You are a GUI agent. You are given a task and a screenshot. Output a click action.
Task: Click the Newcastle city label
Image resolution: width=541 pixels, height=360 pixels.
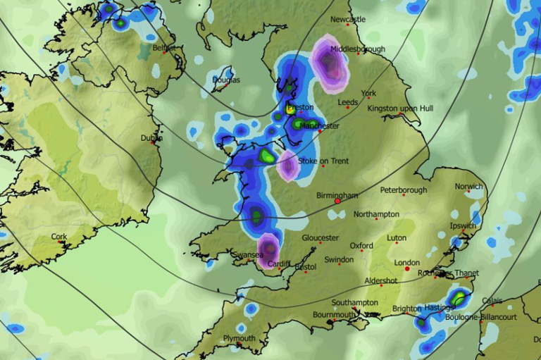(x=349, y=20)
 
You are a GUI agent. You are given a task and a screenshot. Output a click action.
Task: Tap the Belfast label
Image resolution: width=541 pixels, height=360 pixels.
(x=163, y=48)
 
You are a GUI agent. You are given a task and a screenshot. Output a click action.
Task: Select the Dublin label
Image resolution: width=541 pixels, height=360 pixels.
(x=151, y=138)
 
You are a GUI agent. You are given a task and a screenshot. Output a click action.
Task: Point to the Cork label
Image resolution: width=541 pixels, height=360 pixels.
(x=59, y=237)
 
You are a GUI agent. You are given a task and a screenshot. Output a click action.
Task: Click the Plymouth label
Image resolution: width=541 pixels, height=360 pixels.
(x=240, y=339)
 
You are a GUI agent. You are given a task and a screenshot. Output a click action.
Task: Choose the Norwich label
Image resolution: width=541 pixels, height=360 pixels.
(x=469, y=187)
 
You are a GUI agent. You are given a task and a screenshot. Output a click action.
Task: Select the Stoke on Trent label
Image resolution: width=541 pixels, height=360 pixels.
(x=323, y=161)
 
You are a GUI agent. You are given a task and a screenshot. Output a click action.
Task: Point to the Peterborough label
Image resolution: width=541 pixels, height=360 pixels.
(x=404, y=190)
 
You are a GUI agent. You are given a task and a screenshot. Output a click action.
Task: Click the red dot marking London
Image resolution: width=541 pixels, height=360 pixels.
(x=407, y=268)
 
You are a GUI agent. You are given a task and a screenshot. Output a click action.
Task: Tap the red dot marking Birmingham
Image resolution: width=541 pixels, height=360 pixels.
(x=337, y=201)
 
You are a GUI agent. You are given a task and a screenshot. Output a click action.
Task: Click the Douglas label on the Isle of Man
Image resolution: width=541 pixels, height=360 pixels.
(x=226, y=80)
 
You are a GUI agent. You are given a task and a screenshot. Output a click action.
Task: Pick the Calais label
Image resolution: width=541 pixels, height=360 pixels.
(x=492, y=299)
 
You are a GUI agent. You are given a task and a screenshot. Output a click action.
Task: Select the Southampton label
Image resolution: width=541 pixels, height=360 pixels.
(x=355, y=302)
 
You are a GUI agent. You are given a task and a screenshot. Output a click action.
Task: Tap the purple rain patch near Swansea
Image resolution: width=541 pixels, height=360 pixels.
(x=268, y=251)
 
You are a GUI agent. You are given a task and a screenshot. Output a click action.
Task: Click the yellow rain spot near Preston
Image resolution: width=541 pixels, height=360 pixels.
(x=290, y=108)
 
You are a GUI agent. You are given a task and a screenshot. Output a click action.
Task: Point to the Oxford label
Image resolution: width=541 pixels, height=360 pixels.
(x=361, y=246)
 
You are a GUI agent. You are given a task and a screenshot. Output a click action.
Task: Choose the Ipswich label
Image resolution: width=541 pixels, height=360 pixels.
(x=463, y=226)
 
